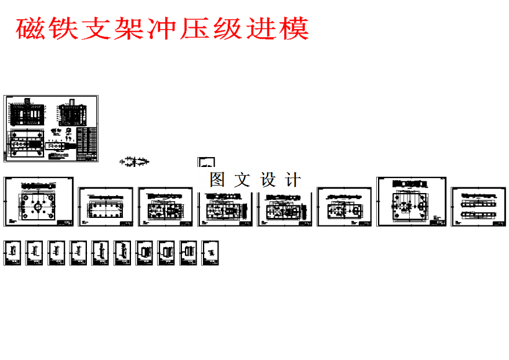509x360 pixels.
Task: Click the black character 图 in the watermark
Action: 217,180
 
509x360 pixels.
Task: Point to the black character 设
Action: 268,180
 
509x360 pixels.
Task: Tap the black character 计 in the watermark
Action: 294,180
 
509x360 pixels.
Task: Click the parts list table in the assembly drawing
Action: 88,143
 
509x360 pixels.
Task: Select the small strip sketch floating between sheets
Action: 135,162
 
